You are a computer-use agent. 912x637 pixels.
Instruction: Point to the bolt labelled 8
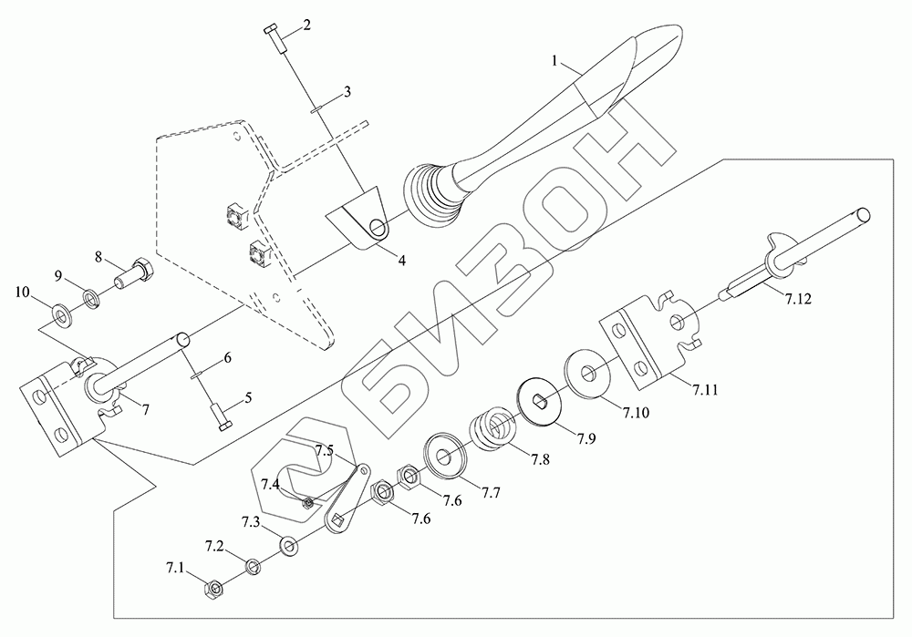pyautogui.click(x=135, y=270)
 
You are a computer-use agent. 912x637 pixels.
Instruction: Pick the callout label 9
pyautogui.click(x=57, y=275)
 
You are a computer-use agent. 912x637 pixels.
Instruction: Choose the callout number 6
pyautogui.click(x=228, y=358)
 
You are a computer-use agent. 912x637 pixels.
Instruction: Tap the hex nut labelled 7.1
pyautogui.click(x=215, y=591)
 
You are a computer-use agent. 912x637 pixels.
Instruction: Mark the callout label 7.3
pyautogui.click(x=251, y=521)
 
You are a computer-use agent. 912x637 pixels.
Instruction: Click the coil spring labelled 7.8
pyautogui.click(x=492, y=426)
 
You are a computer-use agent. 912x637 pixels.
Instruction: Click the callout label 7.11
pyautogui.click(x=704, y=389)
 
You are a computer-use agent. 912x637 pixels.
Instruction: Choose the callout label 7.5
pyautogui.click(x=326, y=449)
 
